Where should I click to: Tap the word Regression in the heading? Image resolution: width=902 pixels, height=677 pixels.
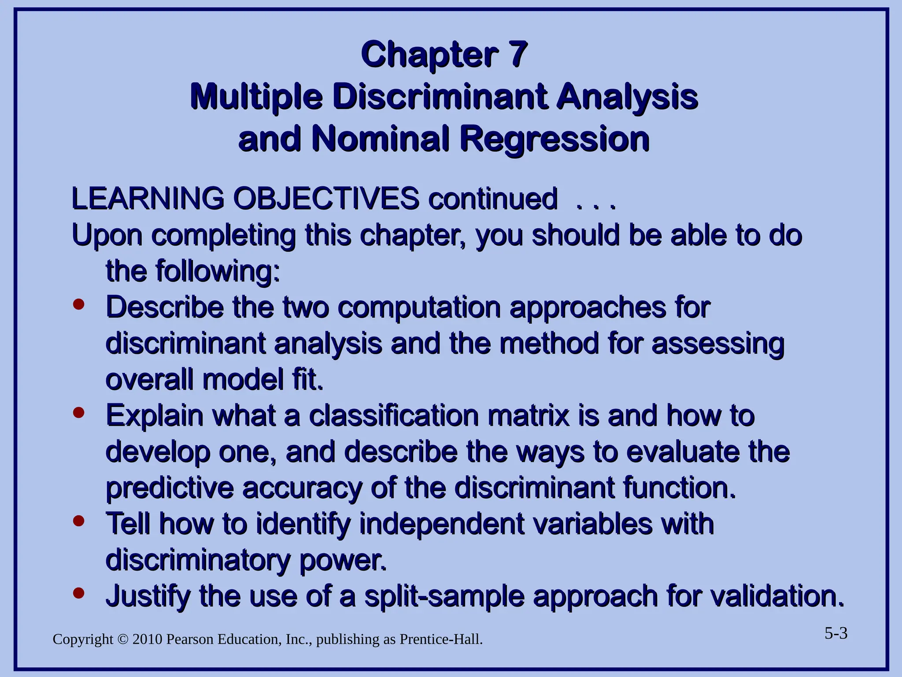pos(555,139)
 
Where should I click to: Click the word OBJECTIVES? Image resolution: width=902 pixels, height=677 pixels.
pos(326,198)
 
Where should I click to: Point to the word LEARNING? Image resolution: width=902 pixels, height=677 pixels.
pos(148,198)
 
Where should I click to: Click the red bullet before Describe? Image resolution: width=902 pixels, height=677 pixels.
pos(79,305)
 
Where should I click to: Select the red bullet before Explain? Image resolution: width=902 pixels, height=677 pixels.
pos(79,413)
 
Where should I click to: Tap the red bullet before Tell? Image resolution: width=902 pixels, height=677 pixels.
pos(79,521)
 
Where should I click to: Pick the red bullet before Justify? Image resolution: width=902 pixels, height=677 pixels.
pos(79,593)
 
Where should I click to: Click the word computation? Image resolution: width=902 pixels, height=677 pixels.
pos(419,308)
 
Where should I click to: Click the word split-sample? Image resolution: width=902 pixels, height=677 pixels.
pos(445,596)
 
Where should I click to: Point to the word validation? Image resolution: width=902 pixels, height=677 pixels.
pos(778,596)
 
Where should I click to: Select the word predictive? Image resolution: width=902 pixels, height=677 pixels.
pos(170,488)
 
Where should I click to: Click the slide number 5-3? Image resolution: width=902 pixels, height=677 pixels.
pos(835,634)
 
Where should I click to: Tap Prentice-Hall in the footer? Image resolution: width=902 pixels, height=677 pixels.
pos(440,640)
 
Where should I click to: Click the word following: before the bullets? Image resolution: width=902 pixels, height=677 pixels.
pos(218,272)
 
